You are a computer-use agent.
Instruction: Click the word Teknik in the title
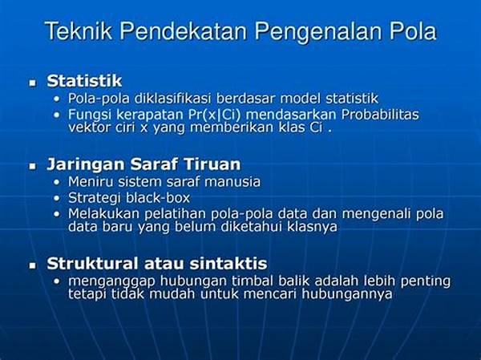click(79, 30)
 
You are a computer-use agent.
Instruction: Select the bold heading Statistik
click(84, 81)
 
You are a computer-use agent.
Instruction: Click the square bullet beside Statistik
click(33, 83)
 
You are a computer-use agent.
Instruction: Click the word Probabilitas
click(380, 115)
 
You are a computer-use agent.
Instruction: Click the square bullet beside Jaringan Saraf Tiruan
click(33, 166)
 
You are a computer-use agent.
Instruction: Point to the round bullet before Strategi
click(56, 198)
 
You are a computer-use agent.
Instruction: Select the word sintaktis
click(228, 264)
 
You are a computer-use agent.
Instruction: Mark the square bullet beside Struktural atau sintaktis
click(33, 265)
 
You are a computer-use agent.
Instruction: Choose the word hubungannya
click(347, 294)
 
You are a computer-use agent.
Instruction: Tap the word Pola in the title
click(413, 30)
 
